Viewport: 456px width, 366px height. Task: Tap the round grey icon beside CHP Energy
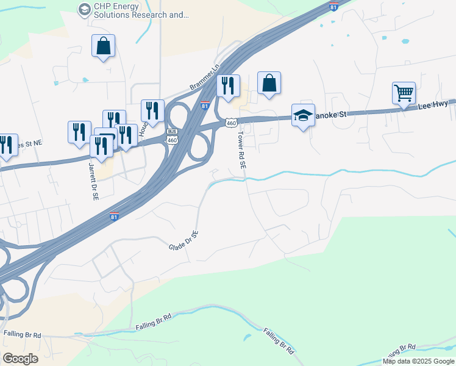[84, 9]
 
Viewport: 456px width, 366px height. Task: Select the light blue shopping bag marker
[103, 46]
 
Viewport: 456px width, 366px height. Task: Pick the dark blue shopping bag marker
[269, 84]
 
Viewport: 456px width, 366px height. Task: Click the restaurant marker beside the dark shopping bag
[228, 86]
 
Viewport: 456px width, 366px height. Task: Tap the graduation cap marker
[303, 115]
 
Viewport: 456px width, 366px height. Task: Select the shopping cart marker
[404, 93]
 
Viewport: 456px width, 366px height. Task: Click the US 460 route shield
[230, 123]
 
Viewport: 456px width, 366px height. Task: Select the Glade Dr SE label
[183, 240]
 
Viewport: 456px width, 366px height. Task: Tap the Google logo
[20, 358]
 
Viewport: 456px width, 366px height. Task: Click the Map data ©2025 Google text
[418, 361]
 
